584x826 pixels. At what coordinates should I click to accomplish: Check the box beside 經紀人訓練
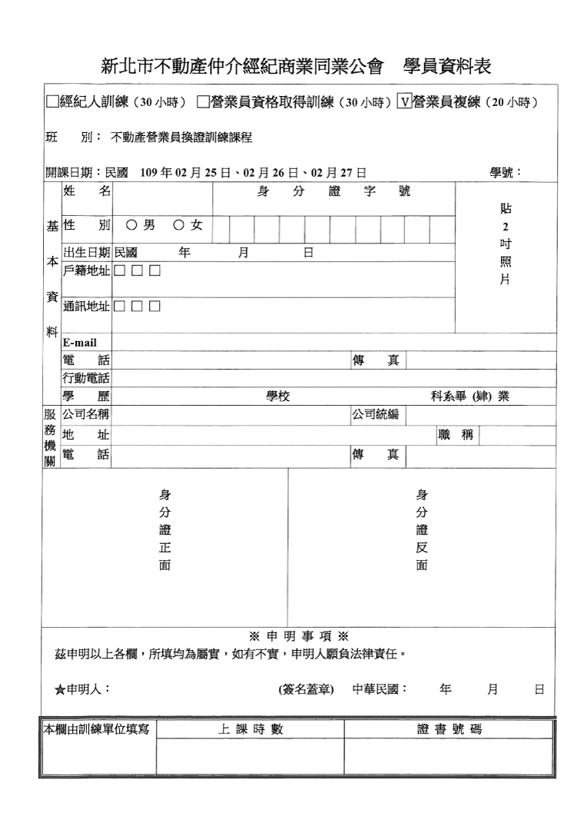click(52, 101)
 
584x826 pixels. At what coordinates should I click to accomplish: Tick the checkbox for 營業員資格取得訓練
click(203, 101)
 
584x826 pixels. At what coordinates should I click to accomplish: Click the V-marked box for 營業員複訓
click(404, 101)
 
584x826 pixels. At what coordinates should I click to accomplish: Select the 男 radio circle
click(131, 225)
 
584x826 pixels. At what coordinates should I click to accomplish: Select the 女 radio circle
click(178, 225)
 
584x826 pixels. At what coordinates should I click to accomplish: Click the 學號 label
click(506, 172)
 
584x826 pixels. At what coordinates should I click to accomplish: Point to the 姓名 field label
click(87, 191)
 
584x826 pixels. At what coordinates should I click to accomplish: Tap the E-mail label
click(80, 343)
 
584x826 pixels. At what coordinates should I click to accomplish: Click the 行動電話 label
click(87, 378)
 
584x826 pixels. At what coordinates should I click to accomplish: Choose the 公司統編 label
click(377, 416)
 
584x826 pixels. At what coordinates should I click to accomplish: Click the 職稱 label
click(456, 435)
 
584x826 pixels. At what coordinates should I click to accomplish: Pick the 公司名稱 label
click(87, 416)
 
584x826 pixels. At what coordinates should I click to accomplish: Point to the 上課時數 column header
click(251, 729)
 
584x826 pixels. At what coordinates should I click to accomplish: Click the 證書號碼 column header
click(450, 729)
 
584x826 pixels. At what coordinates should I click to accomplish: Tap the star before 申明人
click(60, 690)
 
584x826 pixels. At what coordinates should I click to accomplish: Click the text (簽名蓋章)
click(305, 690)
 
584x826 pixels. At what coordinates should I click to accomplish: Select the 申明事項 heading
click(299, 636)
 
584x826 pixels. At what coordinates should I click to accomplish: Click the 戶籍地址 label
click(87, 270)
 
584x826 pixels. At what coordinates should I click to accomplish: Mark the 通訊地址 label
click(87, 307)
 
